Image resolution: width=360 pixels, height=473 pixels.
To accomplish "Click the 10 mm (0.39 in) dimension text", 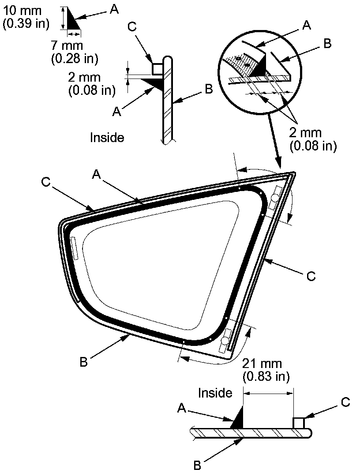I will (x=25, y=17).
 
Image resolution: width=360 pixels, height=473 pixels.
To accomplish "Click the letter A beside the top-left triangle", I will (x=113, y=10).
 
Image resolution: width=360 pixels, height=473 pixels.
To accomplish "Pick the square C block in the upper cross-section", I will (x=157, y=68).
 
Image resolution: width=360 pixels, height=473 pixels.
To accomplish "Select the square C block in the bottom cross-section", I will (x=299, y=423).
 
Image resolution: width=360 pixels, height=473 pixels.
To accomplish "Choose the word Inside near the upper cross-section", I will (x=107, y=137).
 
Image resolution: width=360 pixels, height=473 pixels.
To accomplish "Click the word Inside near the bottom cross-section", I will (x=215, y=392).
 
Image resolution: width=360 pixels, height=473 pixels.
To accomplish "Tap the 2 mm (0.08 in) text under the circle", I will (x=313, y=139).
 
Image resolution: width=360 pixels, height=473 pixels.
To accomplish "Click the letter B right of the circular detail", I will (x=327, y=44).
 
